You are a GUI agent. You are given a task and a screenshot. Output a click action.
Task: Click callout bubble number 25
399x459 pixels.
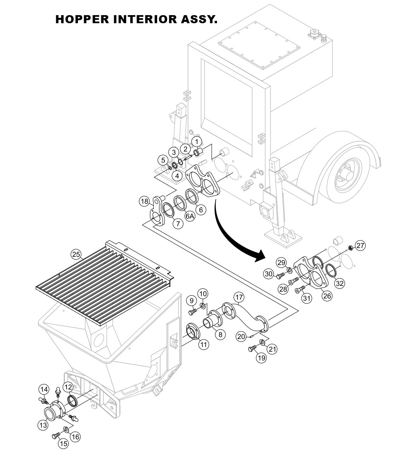(x=76, y=255)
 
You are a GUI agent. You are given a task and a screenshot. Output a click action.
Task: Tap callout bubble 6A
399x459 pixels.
(x=190, y=216)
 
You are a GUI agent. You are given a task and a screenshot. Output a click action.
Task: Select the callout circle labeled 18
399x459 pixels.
(x=144, y=201)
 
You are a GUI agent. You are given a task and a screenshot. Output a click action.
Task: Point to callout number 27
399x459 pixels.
(x=360, y=246)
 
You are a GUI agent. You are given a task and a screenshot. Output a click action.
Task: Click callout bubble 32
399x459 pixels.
(x=340, y=283)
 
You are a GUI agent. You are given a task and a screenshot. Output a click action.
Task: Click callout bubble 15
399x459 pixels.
(x=64, y=444)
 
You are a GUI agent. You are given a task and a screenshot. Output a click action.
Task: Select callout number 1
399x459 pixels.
(x=197, y=140)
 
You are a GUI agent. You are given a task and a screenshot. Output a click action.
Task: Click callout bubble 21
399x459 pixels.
(x=272, y=349)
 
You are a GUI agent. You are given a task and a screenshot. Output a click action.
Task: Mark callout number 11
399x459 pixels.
(x=203, y=344)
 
